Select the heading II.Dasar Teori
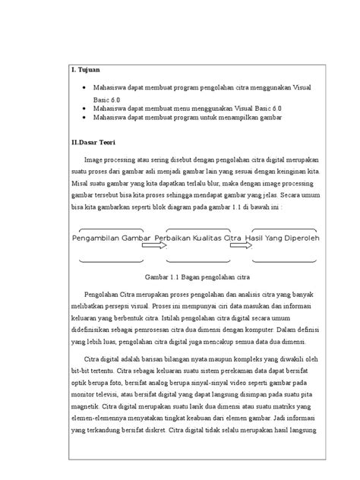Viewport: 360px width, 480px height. click(94, 142)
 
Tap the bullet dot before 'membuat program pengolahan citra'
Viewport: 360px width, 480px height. click(84, 89)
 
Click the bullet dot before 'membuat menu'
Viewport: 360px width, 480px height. click(84, 109)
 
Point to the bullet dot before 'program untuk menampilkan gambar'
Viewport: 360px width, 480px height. click(84, 118)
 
